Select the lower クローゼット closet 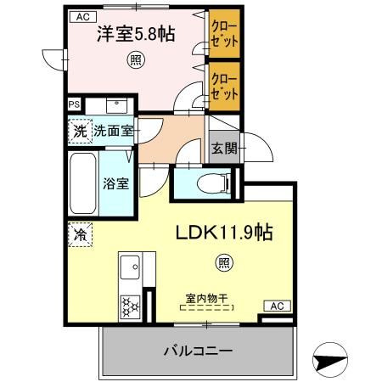tap(225, 86)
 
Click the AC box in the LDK tap(276, 306)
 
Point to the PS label tap(75, 105)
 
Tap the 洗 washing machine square tap(78, 132)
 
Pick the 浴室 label tap(115, 183)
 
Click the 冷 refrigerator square tap(79, 233)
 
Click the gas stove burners tap(132, 305)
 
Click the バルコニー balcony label tap(197, 351)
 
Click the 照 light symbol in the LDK tap(223, 262)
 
